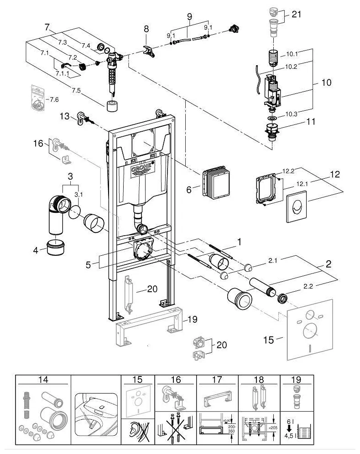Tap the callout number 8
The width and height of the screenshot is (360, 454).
[x=146, y=28]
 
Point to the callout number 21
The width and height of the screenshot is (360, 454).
[x=297, y=15]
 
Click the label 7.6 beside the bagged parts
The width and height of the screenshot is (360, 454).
[x=54, y=99]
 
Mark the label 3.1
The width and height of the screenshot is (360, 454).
[x=79, y=194]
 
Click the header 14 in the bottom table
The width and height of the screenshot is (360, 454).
[x=43, y=379]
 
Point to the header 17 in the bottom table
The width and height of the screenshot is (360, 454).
[x=217, y=379]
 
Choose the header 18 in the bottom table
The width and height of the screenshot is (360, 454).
[x=259, y=379]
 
